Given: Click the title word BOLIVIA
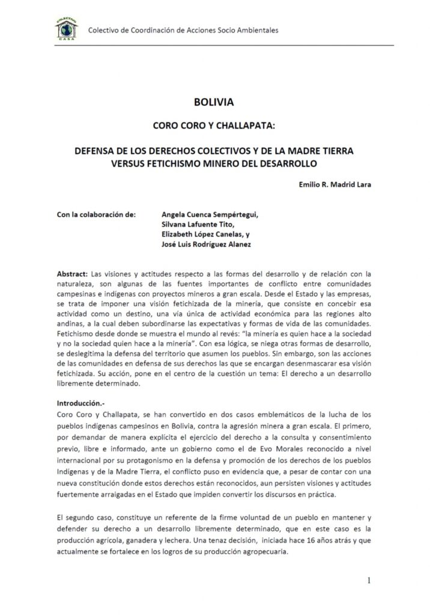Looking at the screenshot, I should (x=214, y=103).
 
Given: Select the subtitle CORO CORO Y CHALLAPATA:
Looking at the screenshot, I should (x=214, y=127).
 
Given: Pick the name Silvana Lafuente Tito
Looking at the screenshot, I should (x=196, y=224).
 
